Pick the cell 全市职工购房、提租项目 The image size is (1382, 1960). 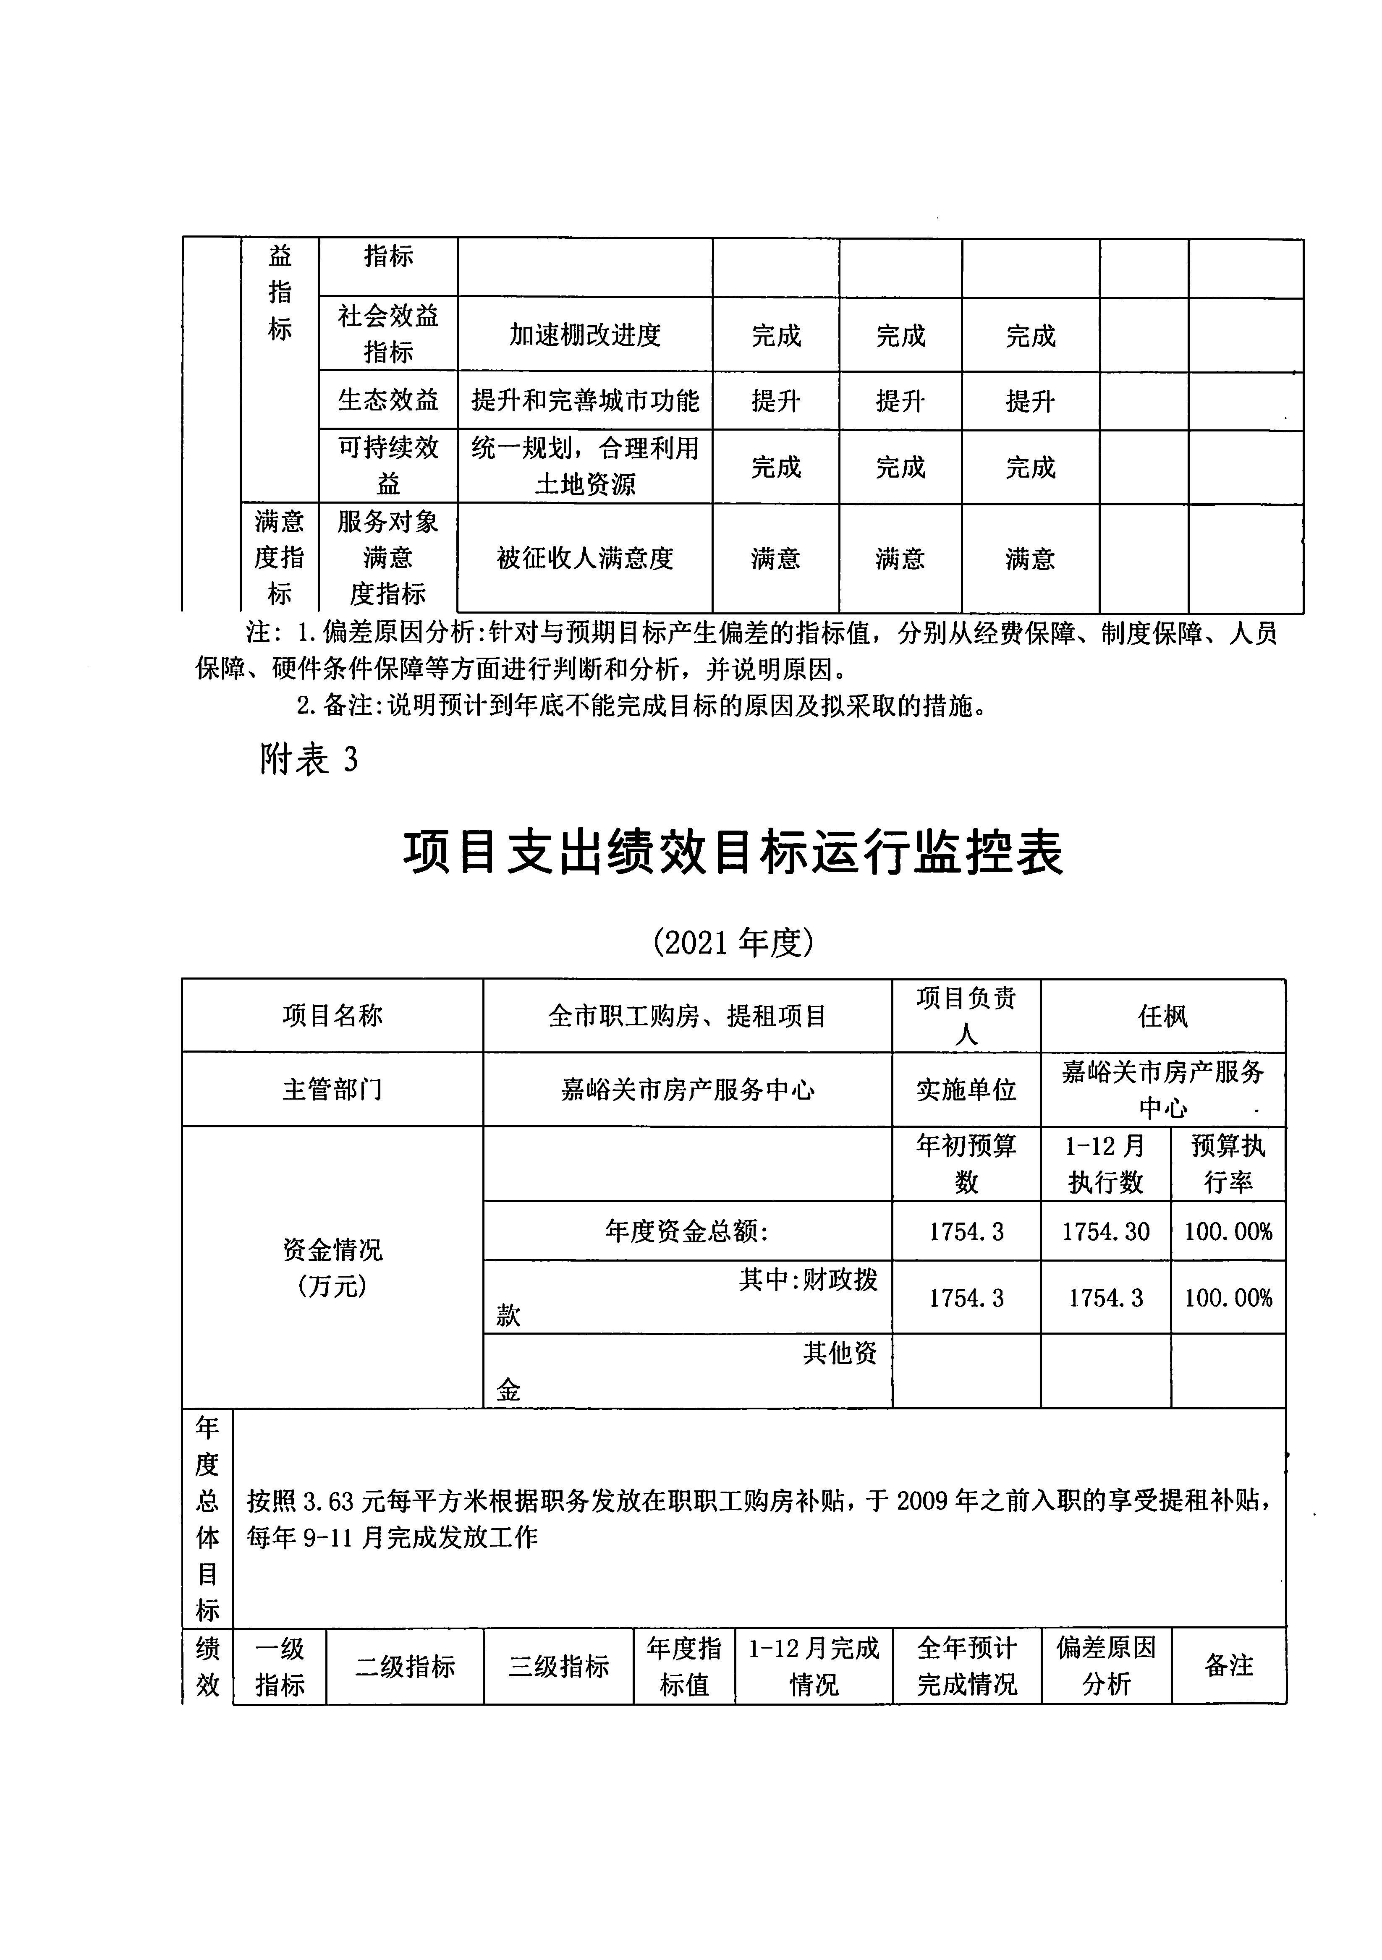[x=687, y=1016]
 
